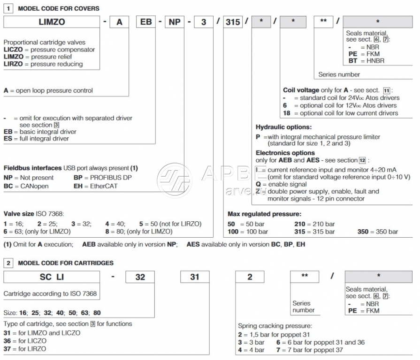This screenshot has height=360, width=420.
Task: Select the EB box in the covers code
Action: (146, 22)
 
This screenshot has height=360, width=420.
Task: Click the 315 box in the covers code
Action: (232, 22)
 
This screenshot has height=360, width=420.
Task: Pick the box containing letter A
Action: (119, 22)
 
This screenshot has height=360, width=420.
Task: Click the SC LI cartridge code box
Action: (52, 277)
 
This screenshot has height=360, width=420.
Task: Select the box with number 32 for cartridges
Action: (140, 277)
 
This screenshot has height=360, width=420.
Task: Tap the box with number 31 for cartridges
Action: (194, 277)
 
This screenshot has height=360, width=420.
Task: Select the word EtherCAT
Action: (103, 186)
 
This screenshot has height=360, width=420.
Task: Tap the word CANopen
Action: (34, 186)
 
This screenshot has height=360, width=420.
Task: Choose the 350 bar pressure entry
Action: (377, 232)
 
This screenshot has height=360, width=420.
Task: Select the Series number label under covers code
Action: (339, 74)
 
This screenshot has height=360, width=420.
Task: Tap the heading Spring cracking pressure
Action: (275, 326)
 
